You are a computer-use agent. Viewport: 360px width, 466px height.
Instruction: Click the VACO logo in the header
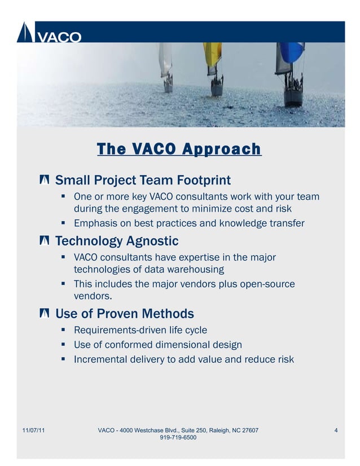pos(49,33)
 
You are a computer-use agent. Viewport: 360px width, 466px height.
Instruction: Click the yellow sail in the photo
pos(213,56)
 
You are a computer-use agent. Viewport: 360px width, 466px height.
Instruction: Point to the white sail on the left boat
pos(165,59)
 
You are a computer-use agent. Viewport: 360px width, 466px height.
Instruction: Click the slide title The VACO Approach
pos(179,149)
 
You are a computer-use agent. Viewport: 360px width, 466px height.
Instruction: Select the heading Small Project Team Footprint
pos(143,181)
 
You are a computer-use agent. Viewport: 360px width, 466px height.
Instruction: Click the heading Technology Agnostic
pos(116,241)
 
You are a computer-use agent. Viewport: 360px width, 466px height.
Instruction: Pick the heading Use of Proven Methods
pos(124,314)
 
